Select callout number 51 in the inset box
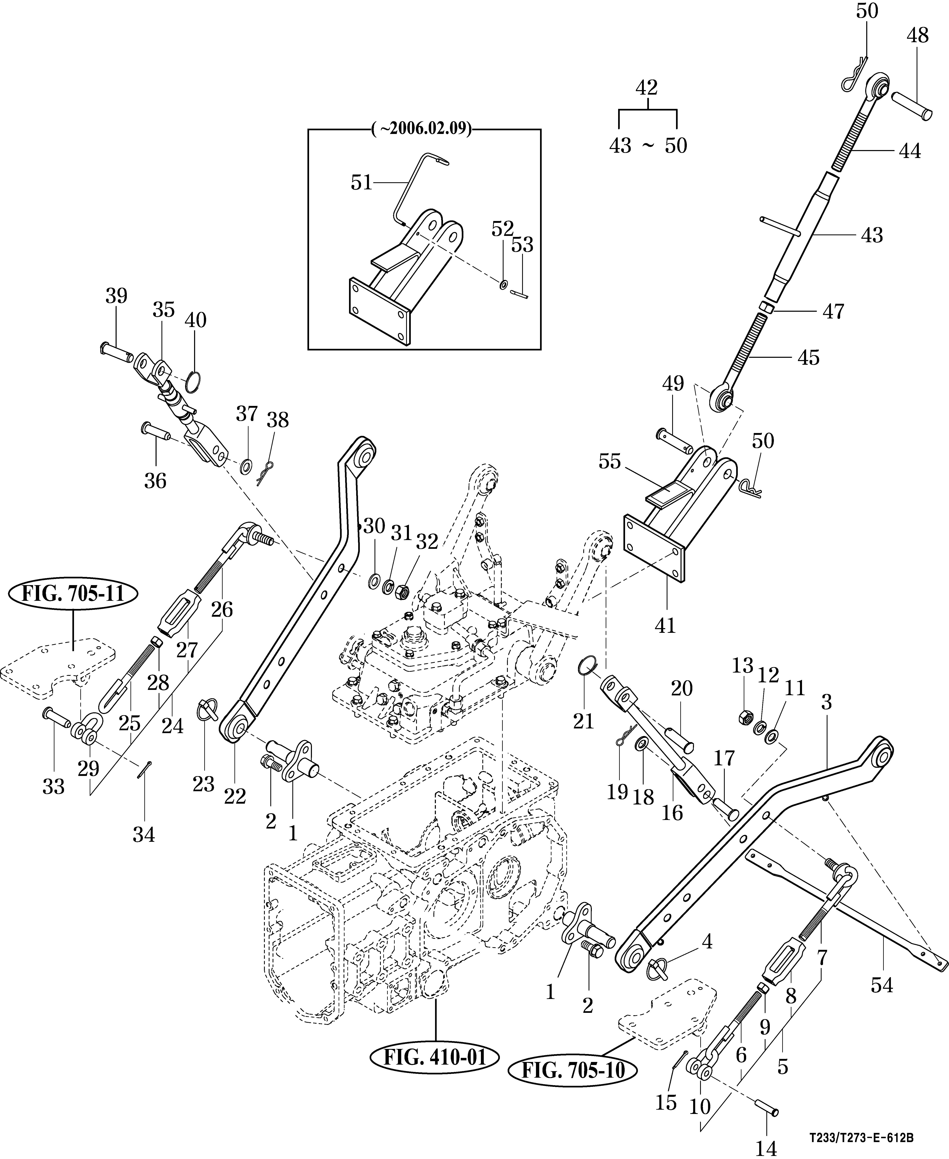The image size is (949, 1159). pyautogui.click(x=361, y=183)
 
